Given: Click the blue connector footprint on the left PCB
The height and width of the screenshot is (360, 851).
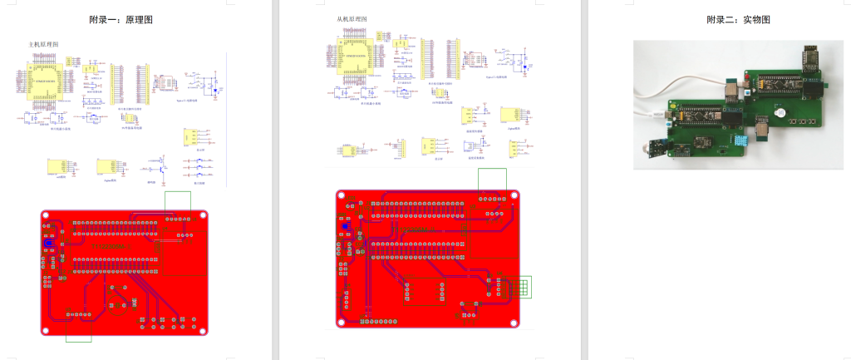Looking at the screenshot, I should click(x=47, y=247).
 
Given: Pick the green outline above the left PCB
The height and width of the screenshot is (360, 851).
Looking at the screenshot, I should click(x=178, y=200).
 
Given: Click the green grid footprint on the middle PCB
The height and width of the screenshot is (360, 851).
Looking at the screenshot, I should click(x=519, y=287).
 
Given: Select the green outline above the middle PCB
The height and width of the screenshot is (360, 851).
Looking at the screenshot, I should click(x=493, y=179).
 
